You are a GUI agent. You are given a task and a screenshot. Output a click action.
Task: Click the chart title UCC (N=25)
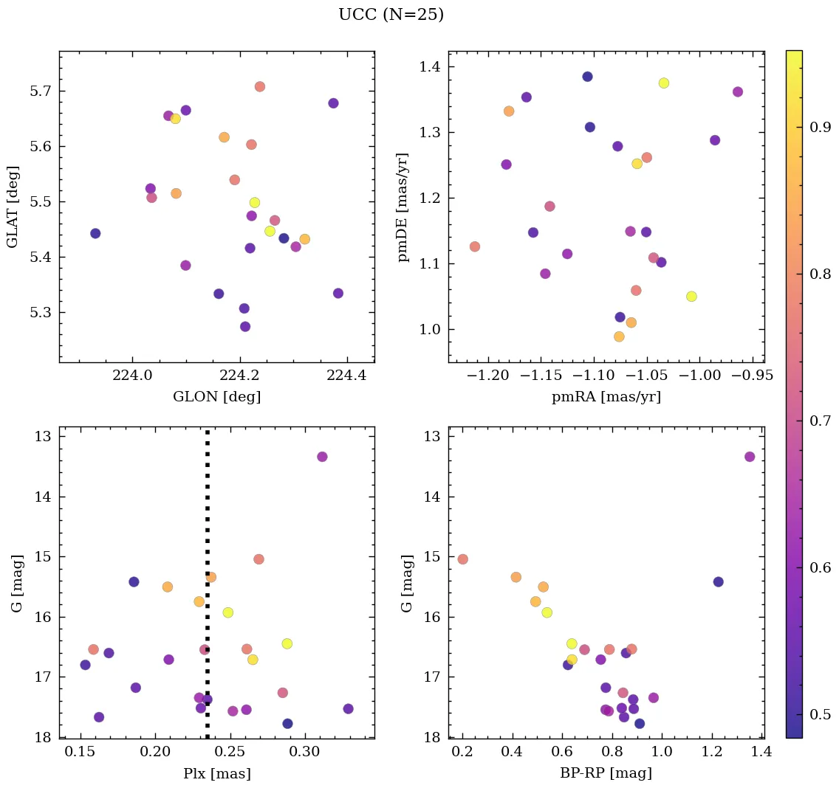391,15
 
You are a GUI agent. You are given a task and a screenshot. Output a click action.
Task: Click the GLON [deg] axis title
216,397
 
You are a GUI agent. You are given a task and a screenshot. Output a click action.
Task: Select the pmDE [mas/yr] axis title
403,207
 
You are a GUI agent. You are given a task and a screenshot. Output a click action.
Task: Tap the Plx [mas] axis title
216,773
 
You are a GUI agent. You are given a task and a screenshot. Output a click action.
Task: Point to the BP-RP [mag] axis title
606,773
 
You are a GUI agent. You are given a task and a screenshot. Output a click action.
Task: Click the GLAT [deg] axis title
13,207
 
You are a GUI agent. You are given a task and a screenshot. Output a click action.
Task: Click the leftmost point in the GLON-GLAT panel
95,233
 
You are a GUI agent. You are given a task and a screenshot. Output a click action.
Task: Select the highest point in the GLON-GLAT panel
259,86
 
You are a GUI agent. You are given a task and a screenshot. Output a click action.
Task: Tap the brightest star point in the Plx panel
322,457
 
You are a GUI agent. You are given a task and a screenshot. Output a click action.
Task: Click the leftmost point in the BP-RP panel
463,559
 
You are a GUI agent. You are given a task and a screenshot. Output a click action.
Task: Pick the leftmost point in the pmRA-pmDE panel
475,246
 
